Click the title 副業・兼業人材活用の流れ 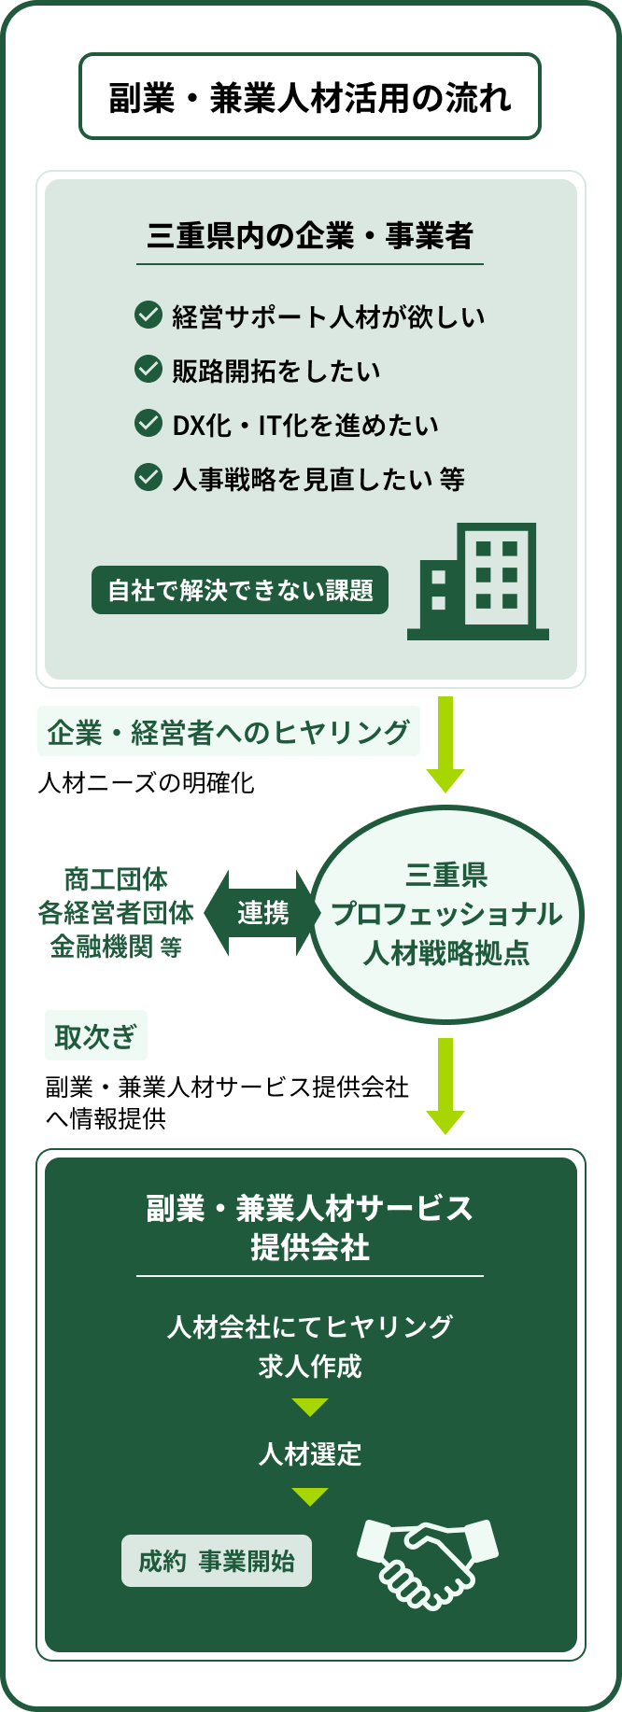pos(310,97)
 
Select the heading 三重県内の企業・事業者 pos(310,235)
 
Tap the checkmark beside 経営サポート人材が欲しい pos(148,316)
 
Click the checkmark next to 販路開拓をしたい pos(148,370)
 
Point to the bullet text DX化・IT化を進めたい pos(305,425)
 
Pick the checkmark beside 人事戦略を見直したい pos(148,478)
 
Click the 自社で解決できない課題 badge pos(240,591)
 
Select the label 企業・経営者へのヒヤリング pos(229,732)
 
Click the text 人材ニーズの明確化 pos(147,782)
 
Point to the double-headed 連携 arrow pos(262,913)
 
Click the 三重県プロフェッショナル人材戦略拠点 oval pos(446,914)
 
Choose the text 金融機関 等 pos(116,947)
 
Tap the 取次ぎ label pos(95,1036)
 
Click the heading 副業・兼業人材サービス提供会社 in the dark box pos(310,1228)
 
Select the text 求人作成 pos(310,1367)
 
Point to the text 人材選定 pos(310,1453)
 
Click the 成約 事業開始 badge pos(217,1561)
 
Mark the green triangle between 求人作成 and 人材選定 pos(310,1407)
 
